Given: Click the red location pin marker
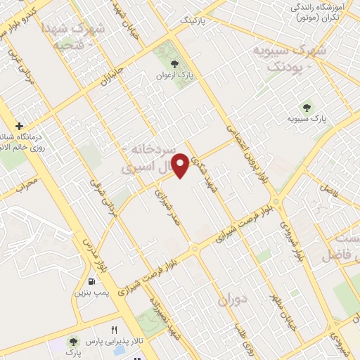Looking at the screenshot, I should coord(181,165).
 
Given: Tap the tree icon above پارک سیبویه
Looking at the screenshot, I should coord(307,107).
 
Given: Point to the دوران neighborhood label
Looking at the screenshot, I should coord(233,299).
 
